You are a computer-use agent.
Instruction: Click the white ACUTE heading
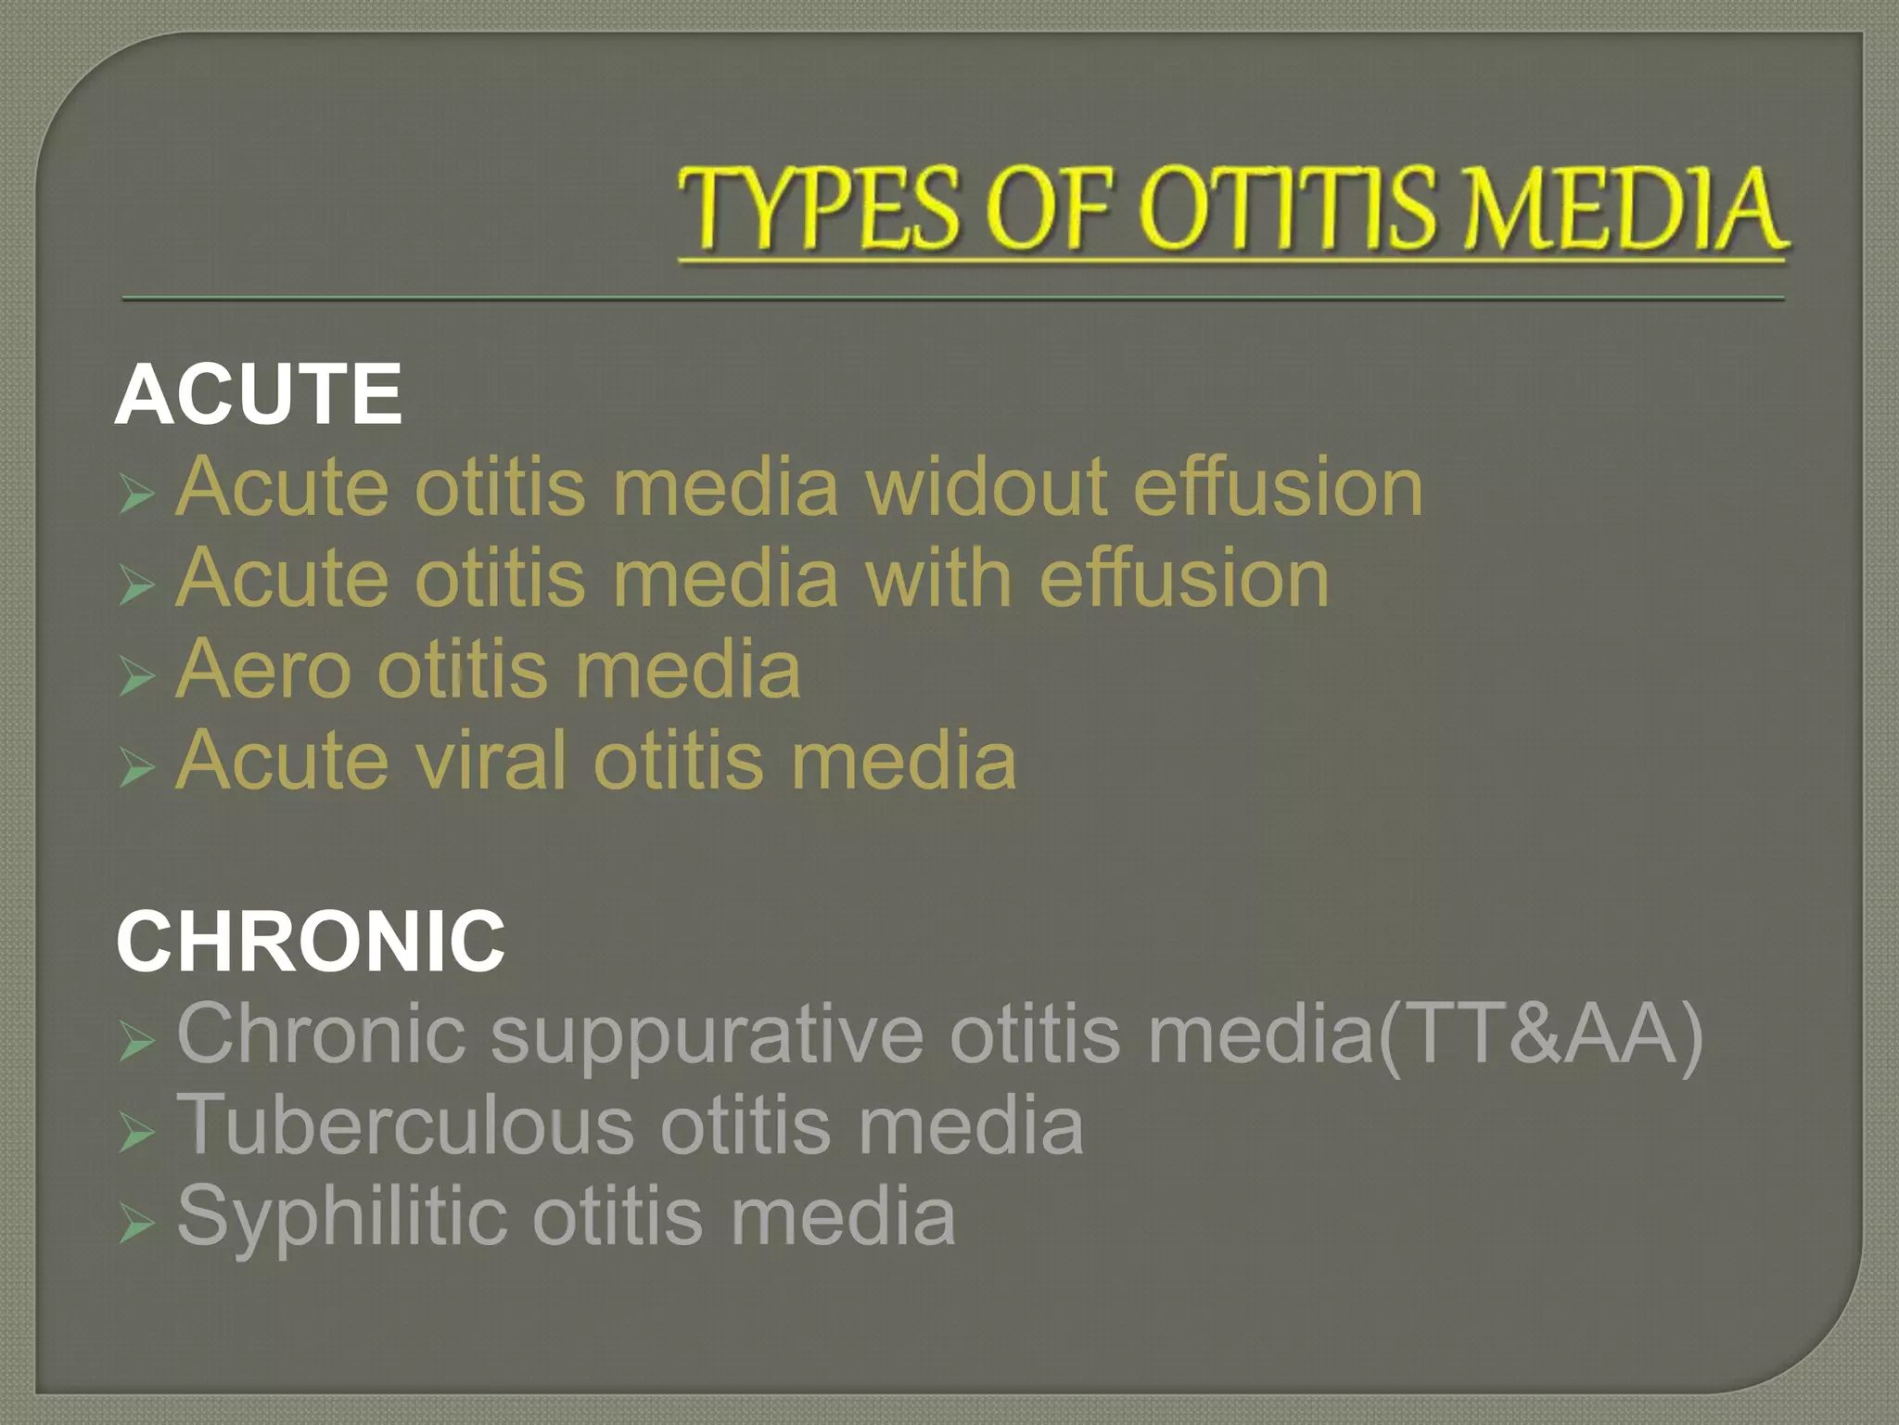tap(259, 394)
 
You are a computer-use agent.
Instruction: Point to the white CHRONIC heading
tap(311, 942)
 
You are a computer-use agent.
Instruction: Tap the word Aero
tap(264, 669)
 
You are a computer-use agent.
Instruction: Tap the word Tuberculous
tap(406, 1124)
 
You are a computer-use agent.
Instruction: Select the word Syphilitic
tap(341, 1215)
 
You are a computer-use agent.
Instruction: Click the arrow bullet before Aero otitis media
tap(135, 678)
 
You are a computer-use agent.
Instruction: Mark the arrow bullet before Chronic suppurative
tap(135, 1043)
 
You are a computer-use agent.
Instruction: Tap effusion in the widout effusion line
tap(1278, 487)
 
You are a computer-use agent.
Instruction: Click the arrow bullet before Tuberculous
tap(135, 1134)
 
